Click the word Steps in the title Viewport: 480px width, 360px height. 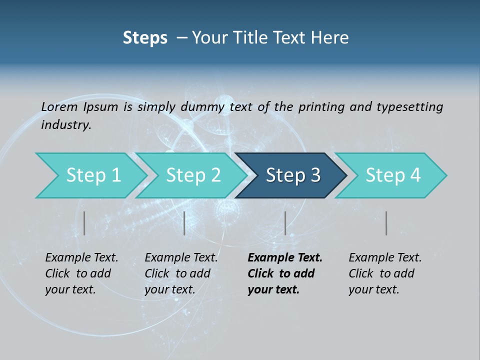click(145, 38)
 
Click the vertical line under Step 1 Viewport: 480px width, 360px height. click(84, 223)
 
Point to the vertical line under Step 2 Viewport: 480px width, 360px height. click(184, 223)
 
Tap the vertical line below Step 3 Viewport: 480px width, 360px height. click(285, 223)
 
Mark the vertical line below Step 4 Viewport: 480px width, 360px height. click(386, 223)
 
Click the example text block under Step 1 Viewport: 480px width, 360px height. click(81, 273)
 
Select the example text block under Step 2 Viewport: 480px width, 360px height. click(181, 273)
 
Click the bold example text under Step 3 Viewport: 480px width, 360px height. click(284, 273)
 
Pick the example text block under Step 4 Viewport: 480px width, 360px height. click(385, 273)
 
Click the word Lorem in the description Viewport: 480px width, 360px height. click(59, 106)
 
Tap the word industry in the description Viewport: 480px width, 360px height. click(65, 125)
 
